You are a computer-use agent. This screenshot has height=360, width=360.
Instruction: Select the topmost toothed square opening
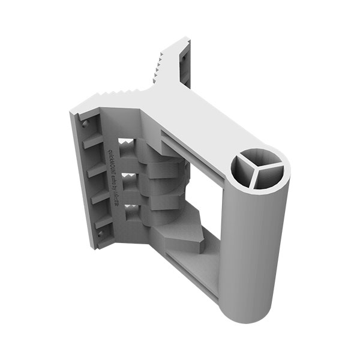click(127, 145)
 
